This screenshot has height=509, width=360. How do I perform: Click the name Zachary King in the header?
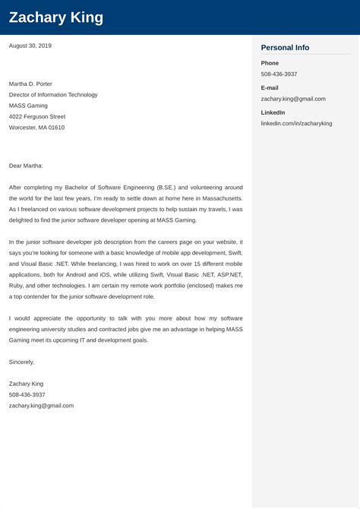tap(56, 17)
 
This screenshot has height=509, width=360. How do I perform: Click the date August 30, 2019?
tap(30, 46)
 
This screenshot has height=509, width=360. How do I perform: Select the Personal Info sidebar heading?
tap(285, 47)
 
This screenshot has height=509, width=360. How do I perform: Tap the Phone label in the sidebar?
tap(270, 63)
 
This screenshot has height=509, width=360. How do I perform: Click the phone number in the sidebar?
tap(279, 74)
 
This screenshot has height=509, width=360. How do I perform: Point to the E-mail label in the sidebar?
tap(270, 87)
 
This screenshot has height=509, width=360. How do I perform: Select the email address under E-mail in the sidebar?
tap(293, 99)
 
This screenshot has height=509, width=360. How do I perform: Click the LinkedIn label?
tap(273, 112)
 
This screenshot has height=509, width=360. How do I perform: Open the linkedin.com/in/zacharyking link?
tap(296, 123)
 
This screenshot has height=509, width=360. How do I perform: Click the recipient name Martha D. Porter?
tap(30, 84)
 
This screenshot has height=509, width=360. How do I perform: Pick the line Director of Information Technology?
tap(53, 95)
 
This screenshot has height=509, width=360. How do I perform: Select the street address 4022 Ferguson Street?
tap(37, 116)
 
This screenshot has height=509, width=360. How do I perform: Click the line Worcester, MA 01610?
tap(36, 128)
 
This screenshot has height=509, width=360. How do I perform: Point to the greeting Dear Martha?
tap(26, 165)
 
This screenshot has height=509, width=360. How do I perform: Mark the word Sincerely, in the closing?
tap(22, 362)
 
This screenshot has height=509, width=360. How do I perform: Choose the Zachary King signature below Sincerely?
tap(26, 384)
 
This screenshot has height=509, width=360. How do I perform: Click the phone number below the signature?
tap(27, 394)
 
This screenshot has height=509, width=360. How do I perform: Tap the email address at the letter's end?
tap(41, 406)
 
